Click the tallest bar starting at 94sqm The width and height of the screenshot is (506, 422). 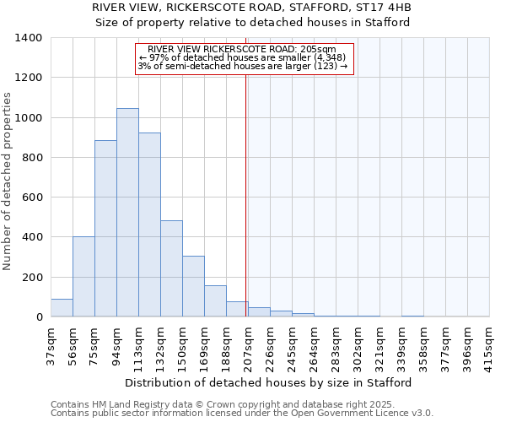pos(127,213)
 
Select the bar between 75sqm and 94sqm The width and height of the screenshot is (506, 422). pos(105,229)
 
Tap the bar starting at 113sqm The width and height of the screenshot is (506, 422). pos(149,225)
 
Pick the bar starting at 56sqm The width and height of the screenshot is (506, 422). pos(83,277)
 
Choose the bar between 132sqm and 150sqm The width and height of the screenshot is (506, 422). pos(171,268)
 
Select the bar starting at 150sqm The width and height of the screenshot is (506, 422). pos(193,286)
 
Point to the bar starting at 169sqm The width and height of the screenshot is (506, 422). pos(215,301)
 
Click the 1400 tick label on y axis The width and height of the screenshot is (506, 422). pos(29,38)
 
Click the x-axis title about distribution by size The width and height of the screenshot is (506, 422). pos(270,382)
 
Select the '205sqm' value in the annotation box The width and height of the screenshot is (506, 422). pos(320,49)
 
